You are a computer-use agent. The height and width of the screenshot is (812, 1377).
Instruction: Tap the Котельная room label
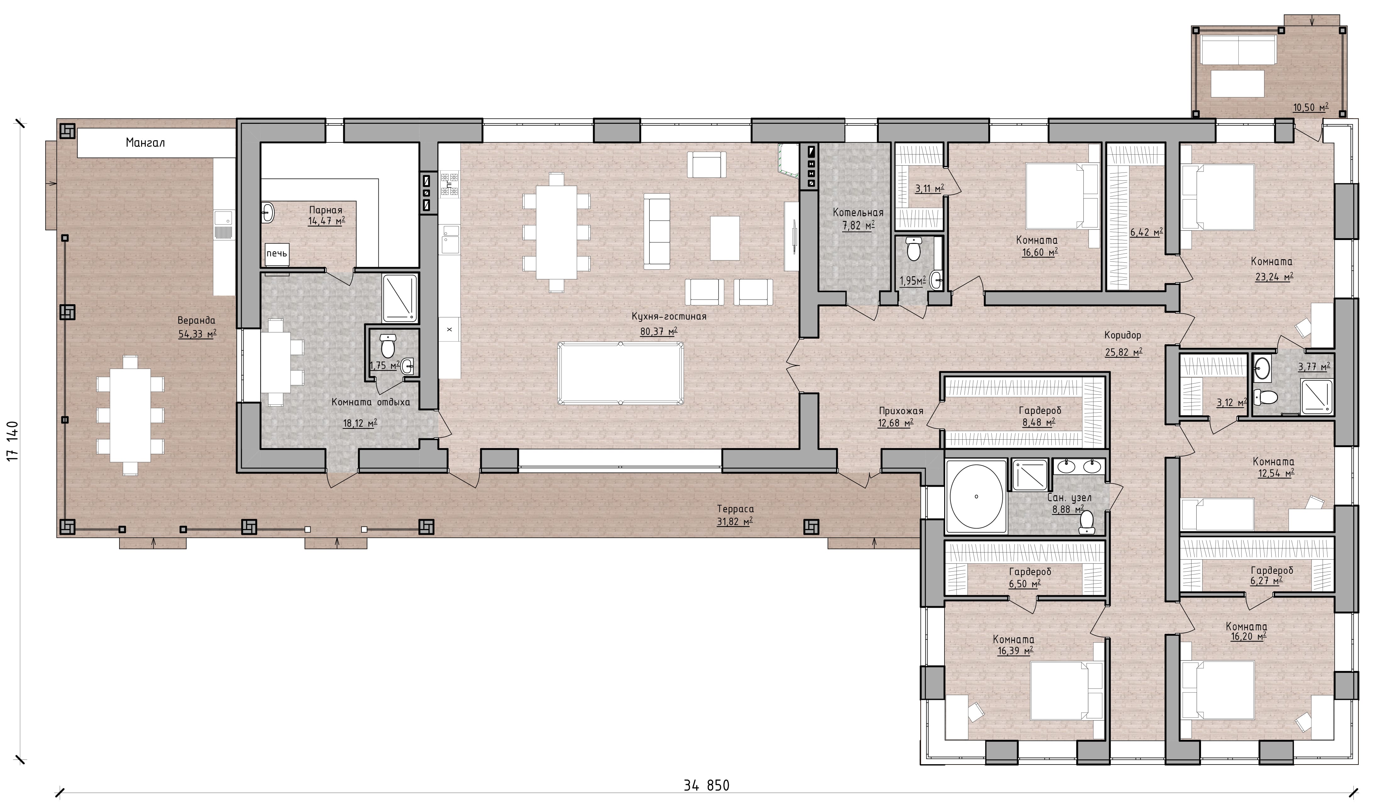[x=858, y=212]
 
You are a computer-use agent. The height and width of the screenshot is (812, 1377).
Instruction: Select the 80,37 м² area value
[x=659, y=331]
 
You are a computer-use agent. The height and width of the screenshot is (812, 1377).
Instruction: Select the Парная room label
[x=326, y=210]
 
